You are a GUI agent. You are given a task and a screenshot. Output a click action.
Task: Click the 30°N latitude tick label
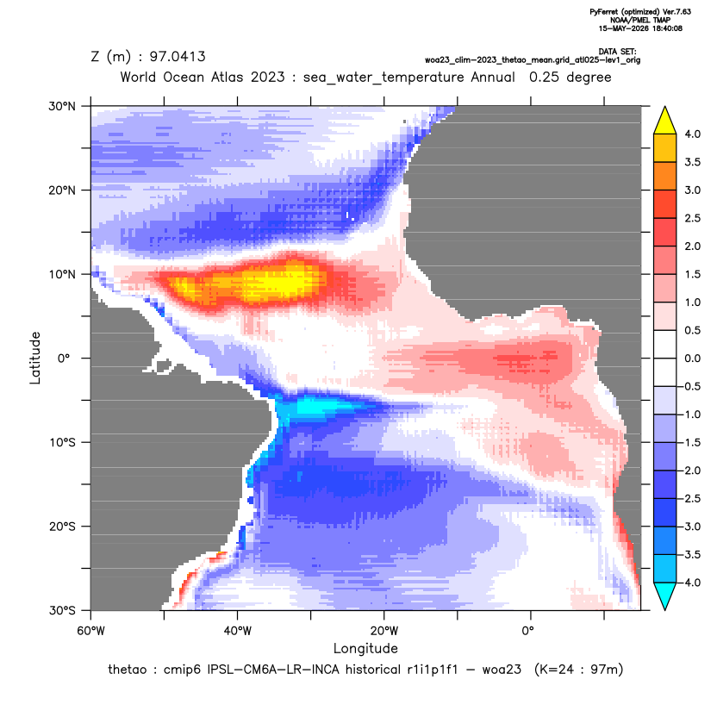point(62,106)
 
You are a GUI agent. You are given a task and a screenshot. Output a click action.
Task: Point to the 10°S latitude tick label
point(62,443)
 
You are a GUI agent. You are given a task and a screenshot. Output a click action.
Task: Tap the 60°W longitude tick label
point(90,631)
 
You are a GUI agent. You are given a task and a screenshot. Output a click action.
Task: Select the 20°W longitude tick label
point(383,631)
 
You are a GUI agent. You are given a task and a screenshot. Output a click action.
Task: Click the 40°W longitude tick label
point(237,631)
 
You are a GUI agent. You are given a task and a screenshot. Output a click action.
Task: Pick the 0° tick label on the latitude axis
point(64,358)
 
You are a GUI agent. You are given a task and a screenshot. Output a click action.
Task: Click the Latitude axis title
point(35,358)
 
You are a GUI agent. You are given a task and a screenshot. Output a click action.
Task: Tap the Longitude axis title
point(365,648)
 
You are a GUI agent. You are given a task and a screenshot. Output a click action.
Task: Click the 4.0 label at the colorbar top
point(692,134)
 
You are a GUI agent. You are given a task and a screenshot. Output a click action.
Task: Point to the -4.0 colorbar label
point(690,583)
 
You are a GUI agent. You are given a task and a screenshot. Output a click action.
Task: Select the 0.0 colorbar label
point(692,358)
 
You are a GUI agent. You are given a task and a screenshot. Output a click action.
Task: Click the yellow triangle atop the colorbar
point(665,121)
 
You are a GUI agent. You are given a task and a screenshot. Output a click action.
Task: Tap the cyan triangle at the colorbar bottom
point(665,596)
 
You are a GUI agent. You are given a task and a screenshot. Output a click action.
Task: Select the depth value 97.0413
point(178,56)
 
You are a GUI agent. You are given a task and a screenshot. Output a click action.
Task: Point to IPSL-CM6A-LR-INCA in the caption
point(273,670)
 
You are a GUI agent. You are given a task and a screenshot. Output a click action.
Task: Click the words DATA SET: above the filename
point(617,52)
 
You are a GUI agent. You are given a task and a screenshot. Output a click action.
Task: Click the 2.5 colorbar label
point(692,218)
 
